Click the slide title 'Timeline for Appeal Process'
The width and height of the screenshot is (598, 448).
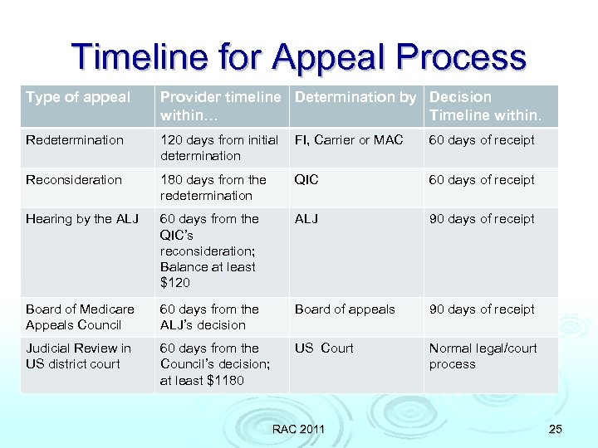(299, 56)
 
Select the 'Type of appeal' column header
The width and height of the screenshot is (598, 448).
(78, 98)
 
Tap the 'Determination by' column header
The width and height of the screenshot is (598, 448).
(355, 98)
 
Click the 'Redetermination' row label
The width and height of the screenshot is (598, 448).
(75, 140)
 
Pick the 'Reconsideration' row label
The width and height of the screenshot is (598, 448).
(74, 180)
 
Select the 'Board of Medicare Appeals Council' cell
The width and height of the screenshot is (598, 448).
(80, 317)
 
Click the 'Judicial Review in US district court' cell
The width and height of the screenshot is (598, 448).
(78, 356)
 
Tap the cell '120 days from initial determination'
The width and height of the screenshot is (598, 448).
(219, 148)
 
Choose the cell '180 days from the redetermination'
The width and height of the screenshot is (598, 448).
(213, 187)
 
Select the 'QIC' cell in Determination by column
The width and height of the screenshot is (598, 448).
(306, 180)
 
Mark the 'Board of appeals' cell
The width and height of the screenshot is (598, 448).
(345, 309)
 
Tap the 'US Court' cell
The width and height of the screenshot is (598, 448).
(324, 348)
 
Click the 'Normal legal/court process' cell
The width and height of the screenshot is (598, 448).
(483, 356)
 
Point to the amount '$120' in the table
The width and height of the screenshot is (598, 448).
(175, 283)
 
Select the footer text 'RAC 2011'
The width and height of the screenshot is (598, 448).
(299, 429)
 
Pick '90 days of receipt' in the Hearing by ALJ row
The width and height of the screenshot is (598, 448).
(482, 219)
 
